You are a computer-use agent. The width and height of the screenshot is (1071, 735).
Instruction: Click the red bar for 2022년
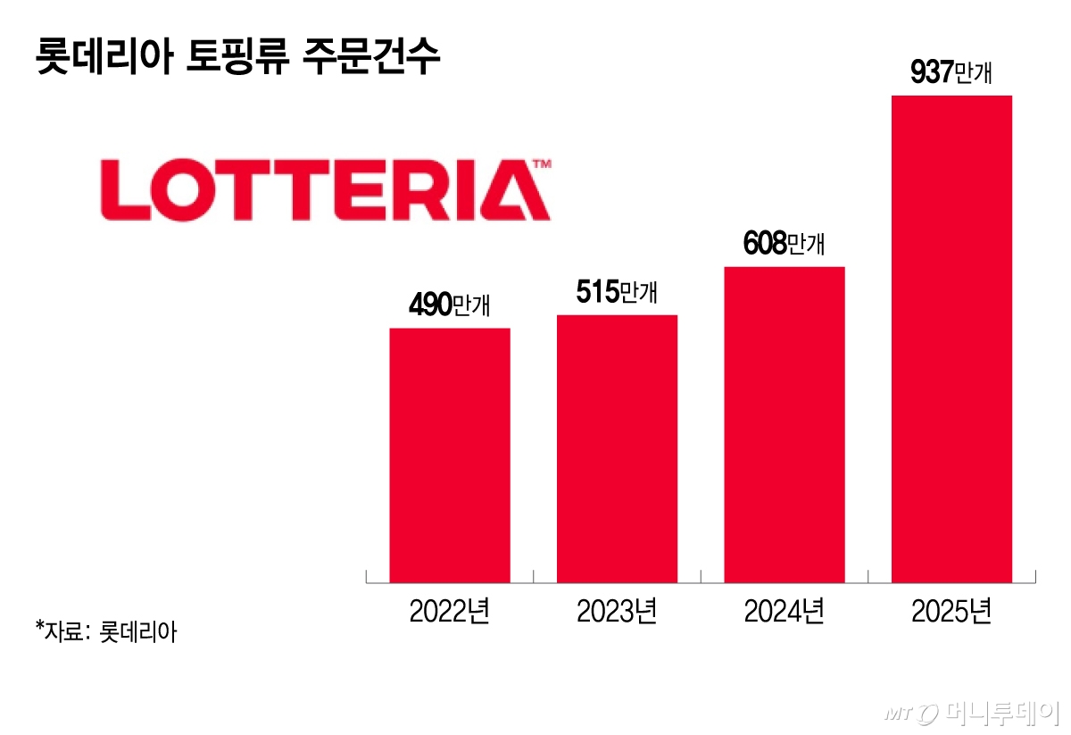tap(450, 455)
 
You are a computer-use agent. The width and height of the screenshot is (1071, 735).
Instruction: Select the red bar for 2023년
tap(617, 449)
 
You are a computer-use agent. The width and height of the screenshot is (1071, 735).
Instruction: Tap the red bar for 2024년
tap(784, 425)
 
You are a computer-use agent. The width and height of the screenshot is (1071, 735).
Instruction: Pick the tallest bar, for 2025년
tap(951, 339)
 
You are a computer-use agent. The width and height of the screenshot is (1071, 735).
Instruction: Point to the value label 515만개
tap(617, 292)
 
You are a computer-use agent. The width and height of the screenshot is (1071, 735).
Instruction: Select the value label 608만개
tap(784, 244)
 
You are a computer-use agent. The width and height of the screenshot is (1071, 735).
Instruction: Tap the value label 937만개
tap(951, 73)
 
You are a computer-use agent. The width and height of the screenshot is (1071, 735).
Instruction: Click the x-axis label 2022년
tap(450, 613)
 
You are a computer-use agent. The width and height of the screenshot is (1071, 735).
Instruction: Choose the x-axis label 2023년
tap(617, 613)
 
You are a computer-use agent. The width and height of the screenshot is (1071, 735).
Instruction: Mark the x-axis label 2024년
tap(784, 613)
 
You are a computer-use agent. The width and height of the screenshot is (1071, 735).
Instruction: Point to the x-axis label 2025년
tap(951, 613)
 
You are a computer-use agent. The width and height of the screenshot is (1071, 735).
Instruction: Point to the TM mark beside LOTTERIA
tap(542, 164)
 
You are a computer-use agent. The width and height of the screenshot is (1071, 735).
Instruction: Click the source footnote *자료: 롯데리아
tap(106, 632)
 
